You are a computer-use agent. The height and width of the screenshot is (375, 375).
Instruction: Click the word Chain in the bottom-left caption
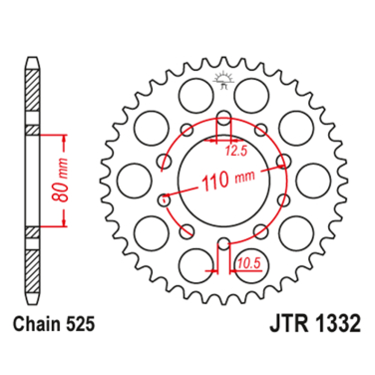tap(37, 352)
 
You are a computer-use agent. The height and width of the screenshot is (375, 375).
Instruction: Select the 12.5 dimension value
tap(234, 151)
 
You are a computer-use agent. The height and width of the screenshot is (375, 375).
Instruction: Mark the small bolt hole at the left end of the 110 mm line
tap(165, 197)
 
